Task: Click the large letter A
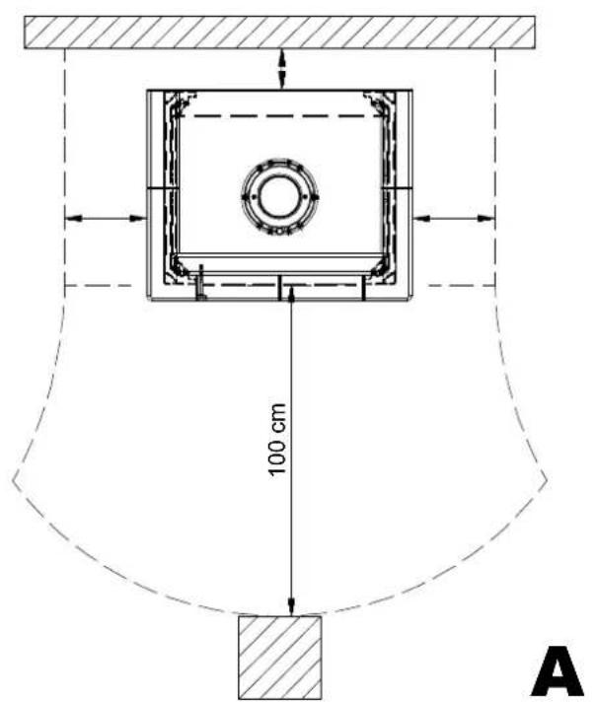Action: pyautogui.click(x=557, y=672)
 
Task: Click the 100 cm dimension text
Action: pyautogui.click(x=277, y=440)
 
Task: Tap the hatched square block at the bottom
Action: pyautogui.click(x=279, y=657)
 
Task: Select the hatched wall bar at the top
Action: pyautogui.click(x=279, y=33)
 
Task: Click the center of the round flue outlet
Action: pyautogui.click(x=279, y=196)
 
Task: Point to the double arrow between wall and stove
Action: pyautogui.click(x=282, y=69)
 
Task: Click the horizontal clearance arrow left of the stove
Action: pyautogui.click(x=106, y=219)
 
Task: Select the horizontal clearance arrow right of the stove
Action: pyautogui.click(x=454, y=219)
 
